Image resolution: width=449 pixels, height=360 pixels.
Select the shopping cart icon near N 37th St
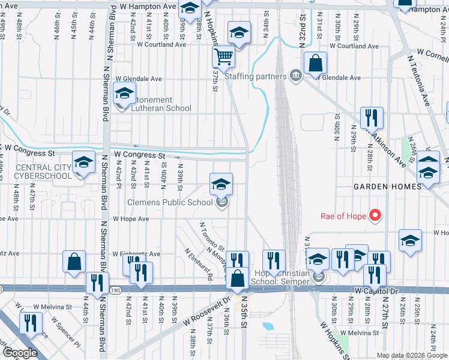click(223, 58)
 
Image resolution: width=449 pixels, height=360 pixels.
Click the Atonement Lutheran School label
click(159, 104)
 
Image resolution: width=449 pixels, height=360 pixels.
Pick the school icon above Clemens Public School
click(221, 184)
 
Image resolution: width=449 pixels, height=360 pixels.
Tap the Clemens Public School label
click(170, 202)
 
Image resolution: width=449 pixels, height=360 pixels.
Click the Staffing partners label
click(255, 76)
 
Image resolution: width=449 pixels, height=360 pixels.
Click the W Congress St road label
click(140, 155)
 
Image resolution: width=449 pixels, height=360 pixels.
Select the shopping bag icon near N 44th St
click(74, 262)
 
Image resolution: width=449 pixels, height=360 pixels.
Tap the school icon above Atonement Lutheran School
click(125, 95)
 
